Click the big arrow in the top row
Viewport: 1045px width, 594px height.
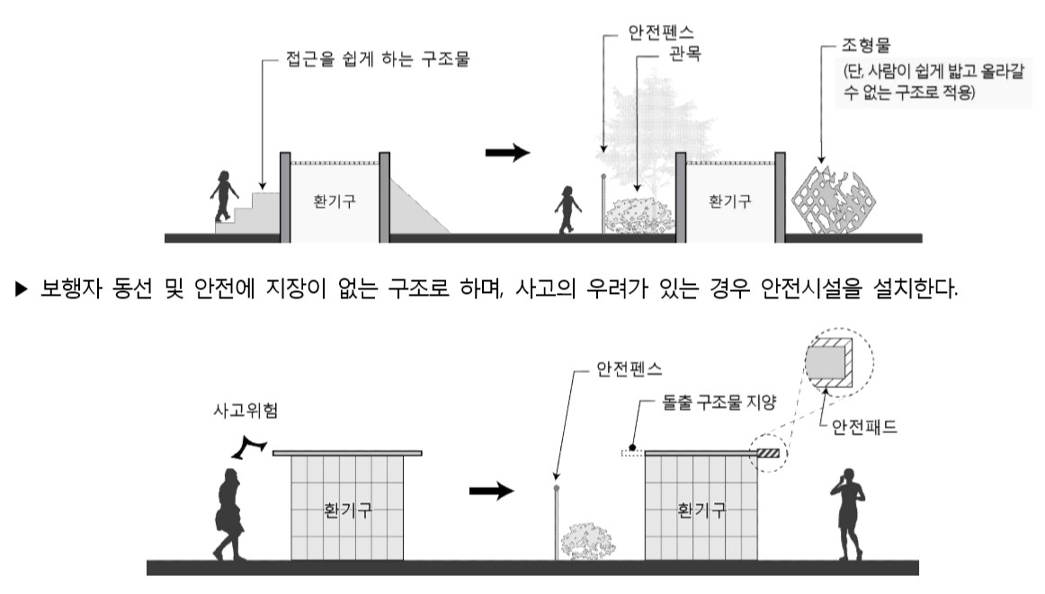pyautogui.click(x=508, y=154)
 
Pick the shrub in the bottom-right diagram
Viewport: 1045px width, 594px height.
pyautogui.click(x=586, y=540)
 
